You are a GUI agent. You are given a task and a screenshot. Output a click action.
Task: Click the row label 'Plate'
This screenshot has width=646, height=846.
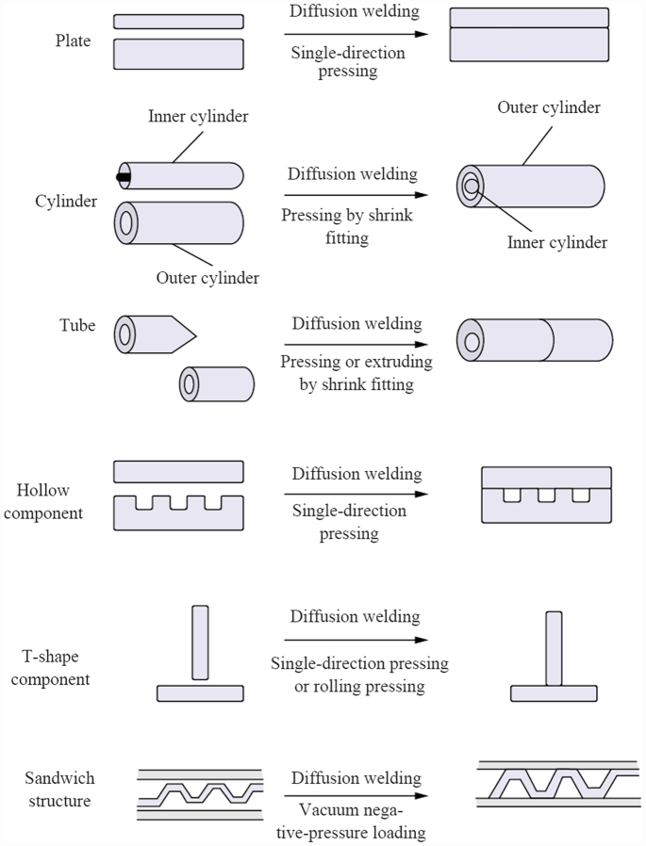[74, 41]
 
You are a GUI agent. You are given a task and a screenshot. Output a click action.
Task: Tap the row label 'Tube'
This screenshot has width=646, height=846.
[77, 325]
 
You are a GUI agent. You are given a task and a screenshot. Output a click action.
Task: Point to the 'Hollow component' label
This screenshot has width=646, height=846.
[51, 502]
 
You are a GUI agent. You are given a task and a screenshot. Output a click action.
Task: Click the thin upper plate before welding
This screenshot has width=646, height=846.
[178, 21]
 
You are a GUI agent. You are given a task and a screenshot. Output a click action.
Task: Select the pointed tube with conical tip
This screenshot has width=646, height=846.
[151, 334]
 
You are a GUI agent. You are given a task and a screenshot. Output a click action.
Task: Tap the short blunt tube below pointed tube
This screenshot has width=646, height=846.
[217, 383]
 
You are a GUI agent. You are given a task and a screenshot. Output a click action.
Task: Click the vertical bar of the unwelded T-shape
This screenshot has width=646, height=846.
[199, 643]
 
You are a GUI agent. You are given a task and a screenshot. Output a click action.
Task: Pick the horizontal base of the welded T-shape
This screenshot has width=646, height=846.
[554, 693]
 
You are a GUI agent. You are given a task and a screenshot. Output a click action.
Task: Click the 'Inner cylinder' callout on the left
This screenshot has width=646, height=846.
[198, 117]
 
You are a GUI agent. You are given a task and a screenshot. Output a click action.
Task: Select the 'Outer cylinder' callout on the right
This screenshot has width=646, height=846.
[549, 107]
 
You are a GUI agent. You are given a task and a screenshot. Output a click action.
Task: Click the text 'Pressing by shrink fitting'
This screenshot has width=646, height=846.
[347, 226]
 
